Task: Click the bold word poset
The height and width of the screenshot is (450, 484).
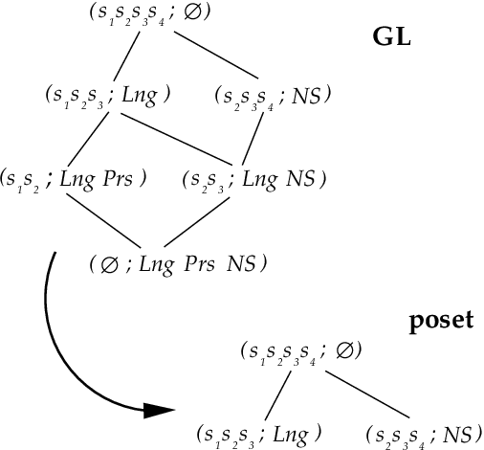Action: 441,321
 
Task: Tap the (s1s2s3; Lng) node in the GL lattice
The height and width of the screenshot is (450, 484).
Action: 107,95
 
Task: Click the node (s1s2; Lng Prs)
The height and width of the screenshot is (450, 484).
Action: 74,178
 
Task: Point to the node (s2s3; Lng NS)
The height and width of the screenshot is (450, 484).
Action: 253,178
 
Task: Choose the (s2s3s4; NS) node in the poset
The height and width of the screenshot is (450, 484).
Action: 422,434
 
